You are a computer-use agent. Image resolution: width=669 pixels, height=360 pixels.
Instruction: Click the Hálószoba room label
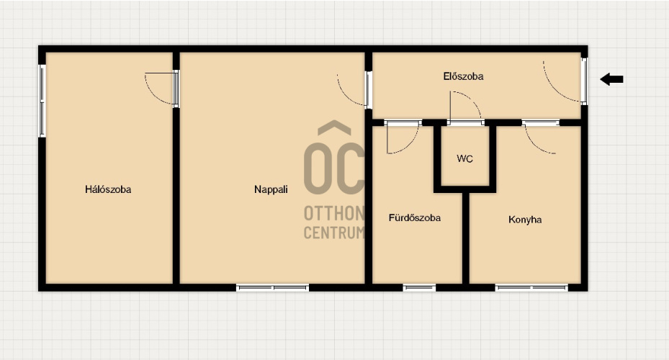click(x=108, y=189)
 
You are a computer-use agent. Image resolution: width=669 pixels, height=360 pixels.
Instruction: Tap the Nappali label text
click(x=271, y=189)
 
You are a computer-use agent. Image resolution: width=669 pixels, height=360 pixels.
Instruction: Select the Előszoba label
click(x=463, y=76)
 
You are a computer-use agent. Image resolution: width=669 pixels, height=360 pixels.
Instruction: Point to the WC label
click(x=464, y=158)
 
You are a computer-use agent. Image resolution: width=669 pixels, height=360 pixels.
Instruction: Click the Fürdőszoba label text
click(x=415, y=218)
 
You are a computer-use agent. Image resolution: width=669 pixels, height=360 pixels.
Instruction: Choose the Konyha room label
click(x=525, y=220)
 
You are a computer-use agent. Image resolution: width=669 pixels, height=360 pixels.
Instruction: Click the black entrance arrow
click(x=612, y=79)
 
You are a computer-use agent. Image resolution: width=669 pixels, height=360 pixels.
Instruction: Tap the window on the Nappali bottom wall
click(x=273, y=288)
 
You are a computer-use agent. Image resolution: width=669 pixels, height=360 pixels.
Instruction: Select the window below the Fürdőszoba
click(x=419, y=288)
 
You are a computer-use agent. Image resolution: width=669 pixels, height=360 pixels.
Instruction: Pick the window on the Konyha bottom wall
click(x=531, y=288)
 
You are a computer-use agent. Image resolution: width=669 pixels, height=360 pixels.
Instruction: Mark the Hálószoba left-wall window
click(x=42, y=101)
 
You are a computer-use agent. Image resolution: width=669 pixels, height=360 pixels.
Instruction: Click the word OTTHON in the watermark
click(x=334, y=213)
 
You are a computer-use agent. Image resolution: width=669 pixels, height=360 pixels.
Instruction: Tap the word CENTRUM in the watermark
click(x=334, y=233)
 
